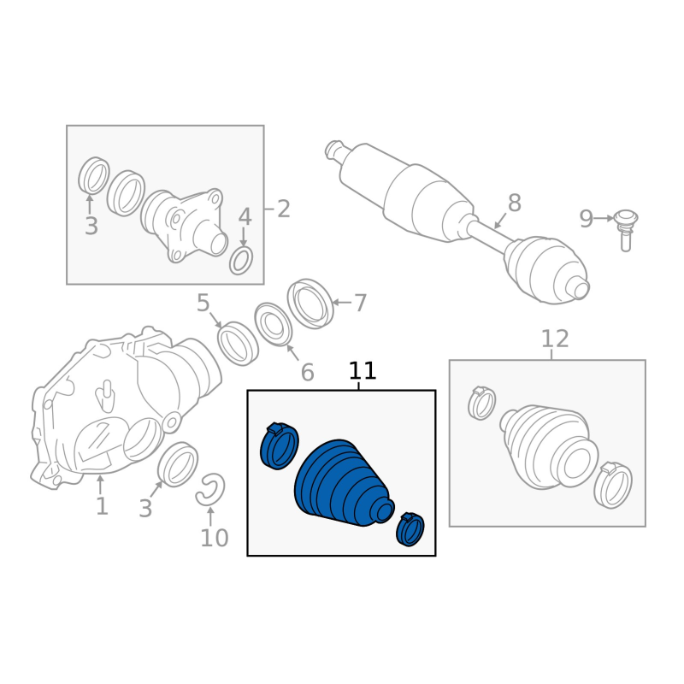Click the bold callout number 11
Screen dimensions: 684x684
pos(362,371)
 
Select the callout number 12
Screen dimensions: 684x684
pos(555,339)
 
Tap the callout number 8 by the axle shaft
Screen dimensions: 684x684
pos(515,203)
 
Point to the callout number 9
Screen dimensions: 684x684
pos(587,219)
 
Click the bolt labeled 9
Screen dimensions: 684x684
pos(626,230)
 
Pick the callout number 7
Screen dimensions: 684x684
pos(359,304)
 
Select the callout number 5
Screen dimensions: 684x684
pos(203,303)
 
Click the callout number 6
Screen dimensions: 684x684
pos(308,373)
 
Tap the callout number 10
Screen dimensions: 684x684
pos(215,538)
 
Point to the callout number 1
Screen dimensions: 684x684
pos(102,506)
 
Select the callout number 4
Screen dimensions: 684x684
pos(245,217)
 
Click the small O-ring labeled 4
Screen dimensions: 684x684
pos(241,261)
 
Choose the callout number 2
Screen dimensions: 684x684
pos(284,209)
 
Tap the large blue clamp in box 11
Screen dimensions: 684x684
pos(280,445)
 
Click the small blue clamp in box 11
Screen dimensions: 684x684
pos(410,529)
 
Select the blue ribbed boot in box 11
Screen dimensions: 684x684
pos(344,483)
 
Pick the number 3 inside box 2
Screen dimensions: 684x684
pos(91,227)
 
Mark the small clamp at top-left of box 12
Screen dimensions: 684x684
pos(481,402)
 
